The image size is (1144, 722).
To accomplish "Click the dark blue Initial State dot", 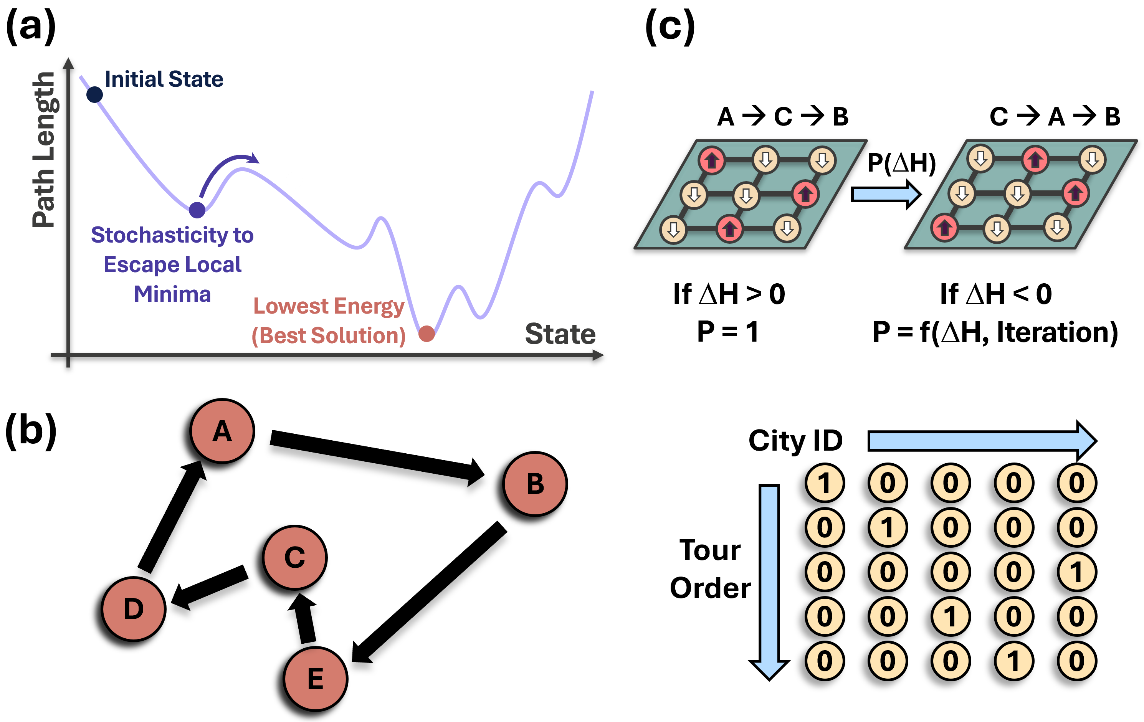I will pos(94,94).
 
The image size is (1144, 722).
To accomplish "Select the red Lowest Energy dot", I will pos(427,334).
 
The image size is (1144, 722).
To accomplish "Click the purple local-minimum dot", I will pos(197,210).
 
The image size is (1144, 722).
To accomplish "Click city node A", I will pos(222,431).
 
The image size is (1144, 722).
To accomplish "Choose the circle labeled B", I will pos(535,484).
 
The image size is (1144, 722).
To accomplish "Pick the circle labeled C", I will pos(294,557).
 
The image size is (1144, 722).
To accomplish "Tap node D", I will pos(134,609).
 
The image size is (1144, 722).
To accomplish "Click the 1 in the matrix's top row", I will pos(825,483).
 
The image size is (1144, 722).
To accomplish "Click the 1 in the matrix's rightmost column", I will pos(1077,572).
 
